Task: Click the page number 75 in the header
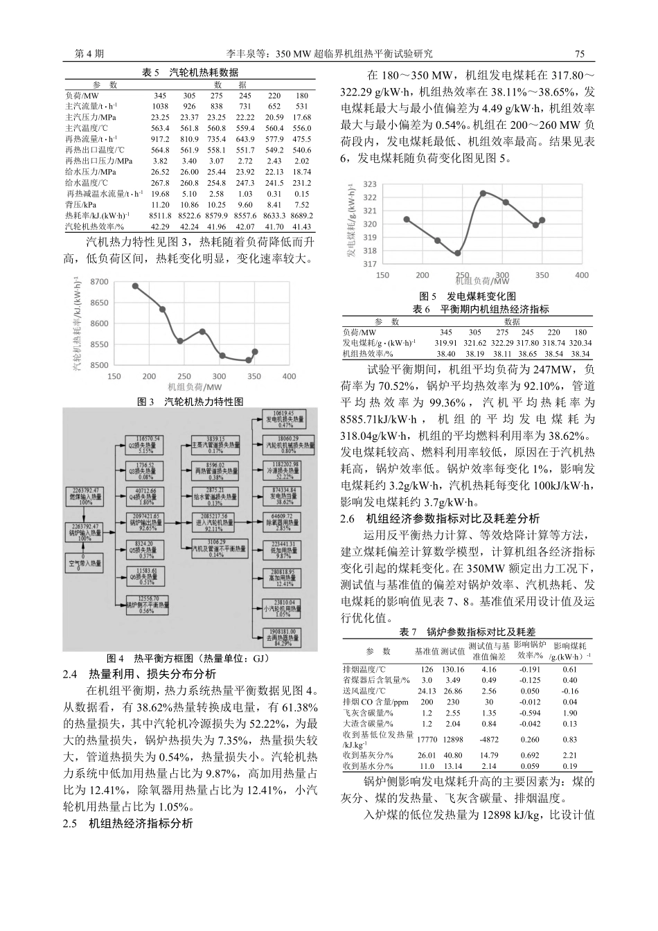tap(580, 54)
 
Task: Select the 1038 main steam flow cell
tap(161, 106)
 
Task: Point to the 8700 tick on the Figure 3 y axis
tap(99, 281)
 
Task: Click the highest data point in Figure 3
tap(135, 286)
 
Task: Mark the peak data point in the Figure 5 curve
tap(483, 193)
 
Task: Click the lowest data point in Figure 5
tap(458, 253)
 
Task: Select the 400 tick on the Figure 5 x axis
tap(582, 275)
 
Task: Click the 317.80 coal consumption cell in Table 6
tap(528, 342)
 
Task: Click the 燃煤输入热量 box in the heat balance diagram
tap(82, 497)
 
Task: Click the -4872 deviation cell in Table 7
tap(489, 740)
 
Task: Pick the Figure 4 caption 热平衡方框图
tap(187, 658)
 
